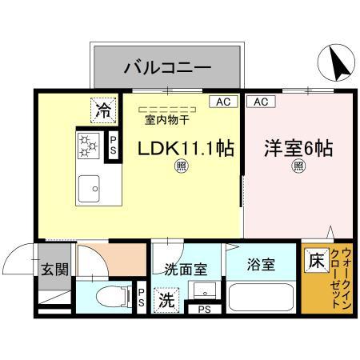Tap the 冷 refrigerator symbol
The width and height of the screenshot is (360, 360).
point(103,110)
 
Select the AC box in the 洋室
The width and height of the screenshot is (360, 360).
point(259,102)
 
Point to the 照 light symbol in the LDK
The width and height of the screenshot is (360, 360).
point(182,166)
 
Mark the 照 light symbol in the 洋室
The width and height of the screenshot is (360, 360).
point(298,166)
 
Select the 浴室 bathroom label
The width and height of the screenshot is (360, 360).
point(261,265)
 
